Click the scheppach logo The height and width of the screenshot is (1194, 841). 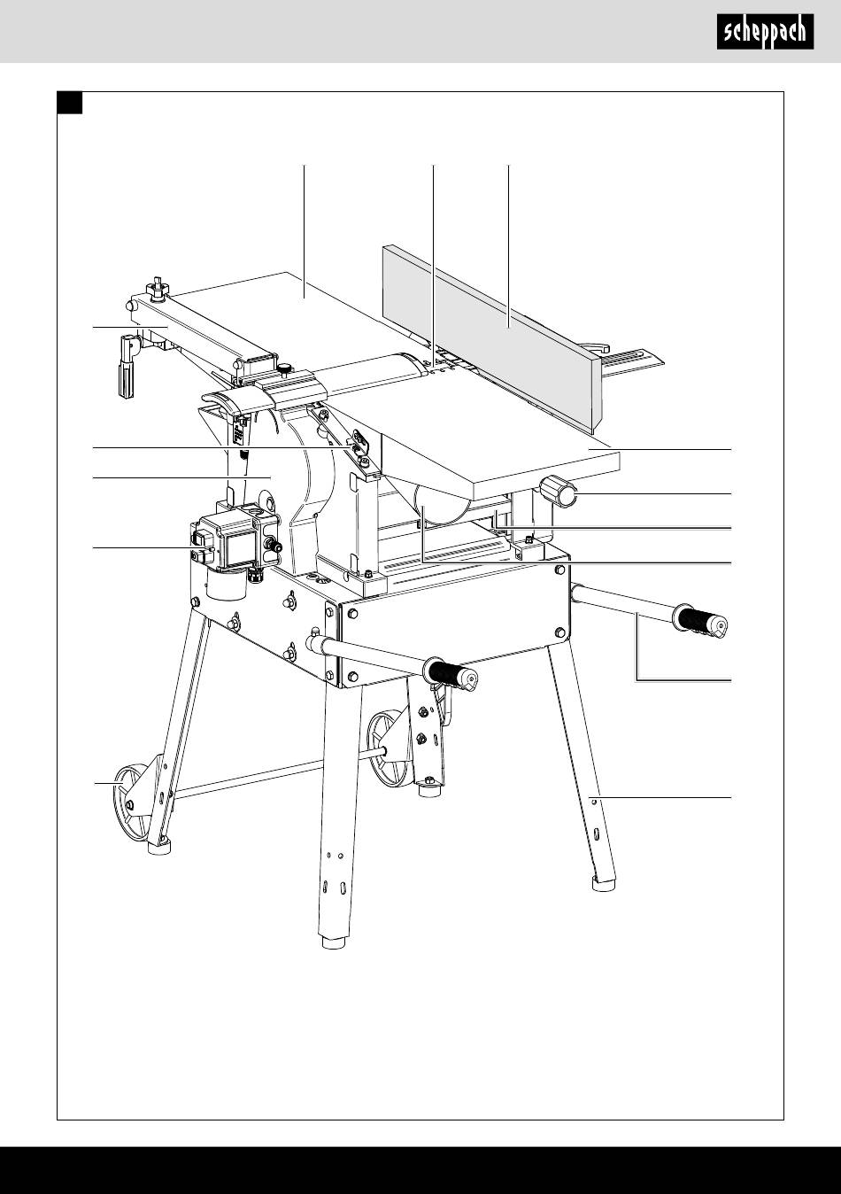[x=765, y=33]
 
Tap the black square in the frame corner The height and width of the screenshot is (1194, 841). [x=70, y=104]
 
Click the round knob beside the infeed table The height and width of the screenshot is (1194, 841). [x=559, y=492]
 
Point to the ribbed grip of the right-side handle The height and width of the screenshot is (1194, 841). [x=701, y=621]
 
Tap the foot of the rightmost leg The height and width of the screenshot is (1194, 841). [x=604, y=882]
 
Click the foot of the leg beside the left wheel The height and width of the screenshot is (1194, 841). [x=159, y=847]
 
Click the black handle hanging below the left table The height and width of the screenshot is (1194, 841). [x=125, y=376]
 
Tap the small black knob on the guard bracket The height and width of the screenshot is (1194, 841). [x=284, y=368]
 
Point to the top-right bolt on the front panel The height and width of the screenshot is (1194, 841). [x=559, y=572]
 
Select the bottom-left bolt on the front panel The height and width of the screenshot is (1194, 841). [x=353, y=677]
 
